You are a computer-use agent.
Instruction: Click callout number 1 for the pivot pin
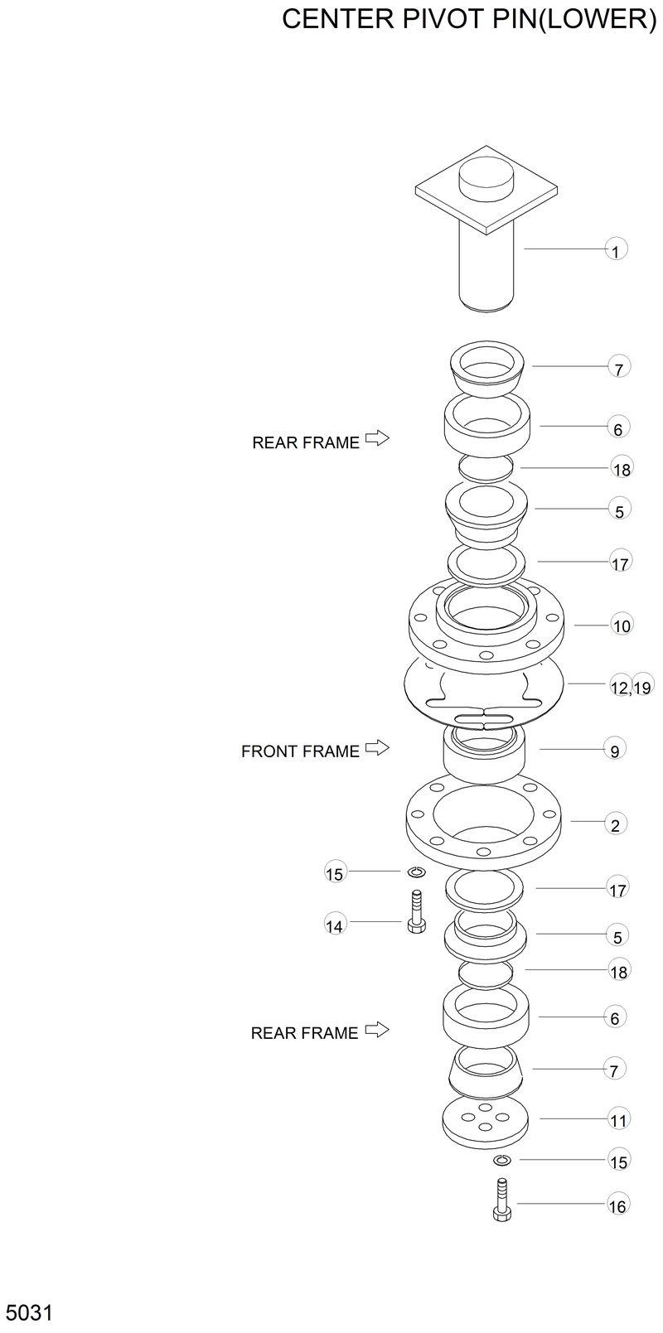click(616, 249)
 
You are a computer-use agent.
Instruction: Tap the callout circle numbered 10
click(622, 625)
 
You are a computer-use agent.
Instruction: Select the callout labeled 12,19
click(631, 687)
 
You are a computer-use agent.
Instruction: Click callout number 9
click(615, 751)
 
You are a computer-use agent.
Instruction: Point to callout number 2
click(615, 825)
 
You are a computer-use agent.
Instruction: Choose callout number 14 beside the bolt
click(334, 926)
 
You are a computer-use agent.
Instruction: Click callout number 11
click(618, 1121)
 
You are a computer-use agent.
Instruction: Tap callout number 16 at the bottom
click(617, 1206)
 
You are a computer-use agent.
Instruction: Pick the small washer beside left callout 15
click(416, 872)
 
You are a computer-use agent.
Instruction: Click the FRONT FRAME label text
click(300, 751)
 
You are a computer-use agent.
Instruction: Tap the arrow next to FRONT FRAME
click(377, 748)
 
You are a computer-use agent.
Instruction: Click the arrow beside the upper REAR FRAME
click(377, 438)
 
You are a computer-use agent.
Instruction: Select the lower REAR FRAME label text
click(304, 1033)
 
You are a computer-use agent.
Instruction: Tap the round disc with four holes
click(486, 1123)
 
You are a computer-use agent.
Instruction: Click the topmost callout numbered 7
click(618, 367)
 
